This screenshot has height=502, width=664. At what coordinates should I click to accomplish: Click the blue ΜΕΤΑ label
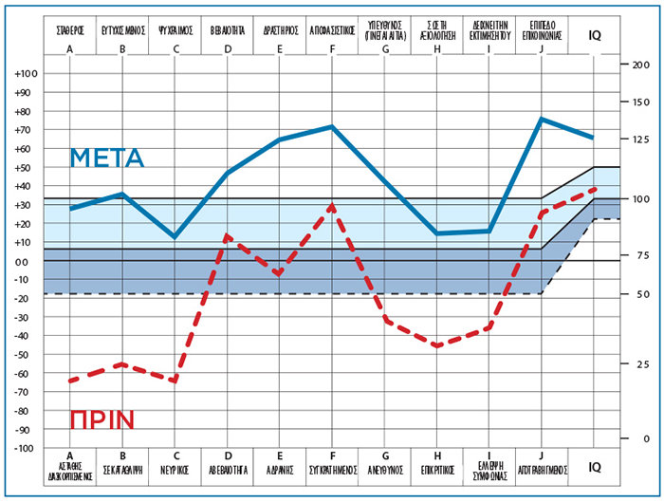click(x=107, y=158)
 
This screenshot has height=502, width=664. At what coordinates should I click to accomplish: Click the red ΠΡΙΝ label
click(x=101, y=419)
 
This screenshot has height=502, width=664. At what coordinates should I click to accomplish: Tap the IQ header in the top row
click(x=594, y=35)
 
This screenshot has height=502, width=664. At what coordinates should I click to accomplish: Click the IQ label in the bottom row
click(x=594, y=467)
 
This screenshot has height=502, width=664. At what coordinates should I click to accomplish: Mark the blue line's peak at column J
click(x=541, y=119)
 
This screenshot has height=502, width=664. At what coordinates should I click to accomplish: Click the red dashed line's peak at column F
click(x=332, y=204)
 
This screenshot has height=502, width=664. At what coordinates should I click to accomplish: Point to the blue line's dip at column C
click(x=175, y=237)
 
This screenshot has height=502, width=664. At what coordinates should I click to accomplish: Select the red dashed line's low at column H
click(x=437, y=346)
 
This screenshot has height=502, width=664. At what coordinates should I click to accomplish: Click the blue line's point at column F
click(x=332, y=126)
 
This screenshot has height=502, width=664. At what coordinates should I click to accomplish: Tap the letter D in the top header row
click(x=228, y=48)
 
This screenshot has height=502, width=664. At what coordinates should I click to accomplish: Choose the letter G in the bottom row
click(x=385, y=455)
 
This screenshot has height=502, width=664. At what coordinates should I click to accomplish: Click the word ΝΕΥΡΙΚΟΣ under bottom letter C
click(x=175, y=469)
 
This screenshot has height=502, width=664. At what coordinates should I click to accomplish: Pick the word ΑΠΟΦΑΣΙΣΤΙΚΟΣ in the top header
click(x=332, y=29)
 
